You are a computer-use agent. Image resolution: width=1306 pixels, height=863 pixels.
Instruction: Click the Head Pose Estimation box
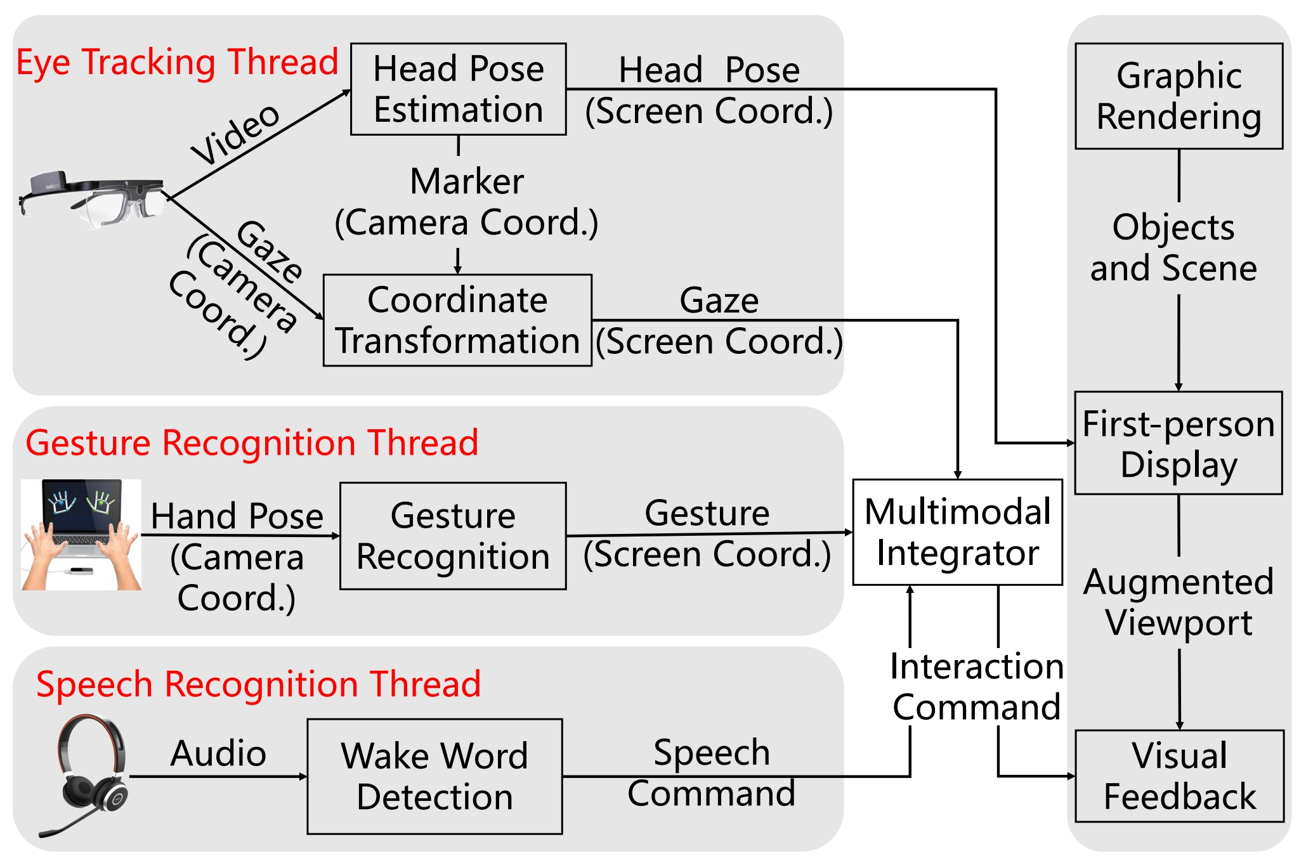pos(458,89)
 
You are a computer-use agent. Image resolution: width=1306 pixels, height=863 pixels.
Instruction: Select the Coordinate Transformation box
pos(457,320)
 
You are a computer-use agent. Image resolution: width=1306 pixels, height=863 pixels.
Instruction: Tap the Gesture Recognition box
pos(453,536)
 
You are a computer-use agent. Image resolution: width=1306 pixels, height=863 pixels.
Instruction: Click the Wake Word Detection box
pos(434,776)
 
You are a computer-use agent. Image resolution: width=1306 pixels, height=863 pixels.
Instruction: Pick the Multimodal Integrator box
pos(957,532)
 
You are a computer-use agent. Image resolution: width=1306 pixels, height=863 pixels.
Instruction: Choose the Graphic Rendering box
pos(1179,96)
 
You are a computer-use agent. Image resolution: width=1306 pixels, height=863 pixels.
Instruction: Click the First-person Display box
pos(1179,443)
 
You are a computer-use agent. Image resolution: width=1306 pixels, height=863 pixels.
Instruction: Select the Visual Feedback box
pos(1179,775)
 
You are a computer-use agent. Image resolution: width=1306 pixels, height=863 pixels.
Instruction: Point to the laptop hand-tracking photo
pos(81,535)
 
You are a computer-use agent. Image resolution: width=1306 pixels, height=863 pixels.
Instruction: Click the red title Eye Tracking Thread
pos(177,62)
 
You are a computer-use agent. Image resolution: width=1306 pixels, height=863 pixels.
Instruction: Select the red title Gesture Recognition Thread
pos(252,442)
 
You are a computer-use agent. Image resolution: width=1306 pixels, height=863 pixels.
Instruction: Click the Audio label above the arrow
pos(218,753)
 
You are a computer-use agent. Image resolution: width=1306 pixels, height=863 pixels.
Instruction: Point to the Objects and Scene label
pos(1173,247)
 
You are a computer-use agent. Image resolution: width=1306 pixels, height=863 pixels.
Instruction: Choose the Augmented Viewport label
pos(1179,602)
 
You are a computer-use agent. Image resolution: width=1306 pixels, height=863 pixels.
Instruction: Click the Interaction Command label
pos(976,686)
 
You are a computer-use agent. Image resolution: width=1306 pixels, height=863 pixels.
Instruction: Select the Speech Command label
pos(712,773)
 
